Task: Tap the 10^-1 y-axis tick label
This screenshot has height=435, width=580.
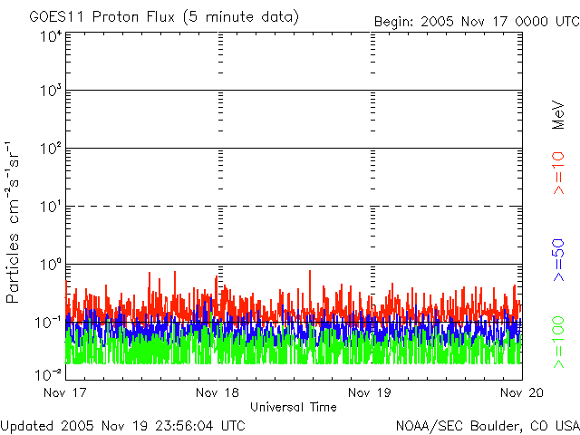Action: pyautogui.click(x=49, y=322)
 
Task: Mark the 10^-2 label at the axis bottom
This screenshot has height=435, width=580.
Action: pyautogui.click(x=49, y=372)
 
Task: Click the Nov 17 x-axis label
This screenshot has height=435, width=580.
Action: pyautogui.click(x=64, y=392)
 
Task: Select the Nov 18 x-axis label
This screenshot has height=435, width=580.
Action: pyautogui.click(x=219, y=392)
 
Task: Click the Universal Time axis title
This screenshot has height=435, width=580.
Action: pyautogui.click(x=293, y=407)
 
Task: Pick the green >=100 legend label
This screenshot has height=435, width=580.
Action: pyautogui.click(x=559, y=342)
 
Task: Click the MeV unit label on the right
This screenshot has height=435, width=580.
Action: pyautogui.click(x=559, y=115)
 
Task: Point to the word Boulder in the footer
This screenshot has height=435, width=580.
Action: pyautogui.click(x=492, y=425)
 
